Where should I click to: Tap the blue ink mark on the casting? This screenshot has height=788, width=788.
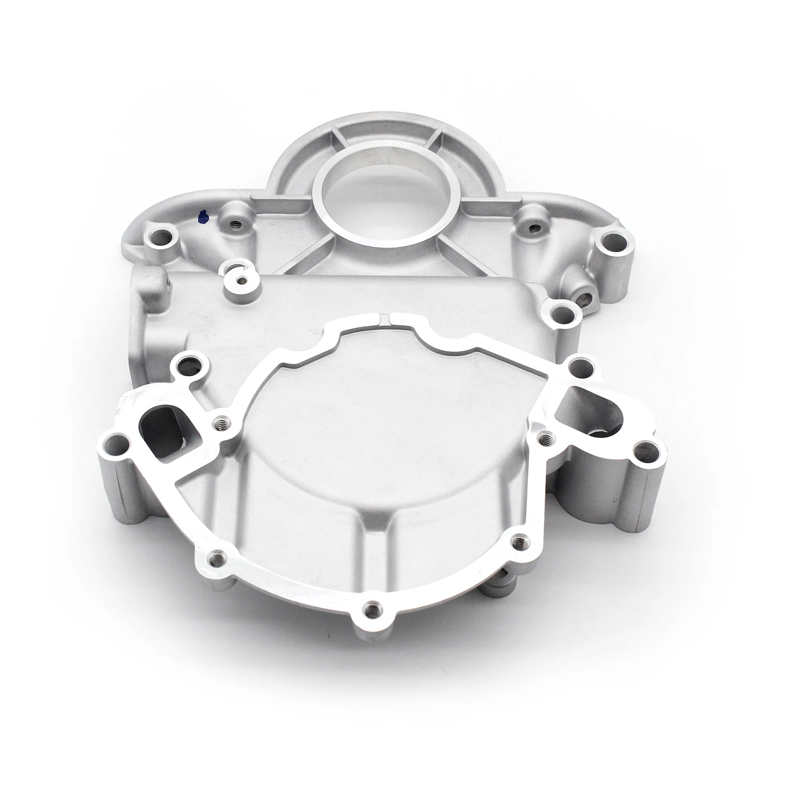(x=201, y=215)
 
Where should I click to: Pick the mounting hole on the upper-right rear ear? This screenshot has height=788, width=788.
(x=608, y=241)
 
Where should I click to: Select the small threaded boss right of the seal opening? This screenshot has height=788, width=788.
(x=534, y=228)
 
